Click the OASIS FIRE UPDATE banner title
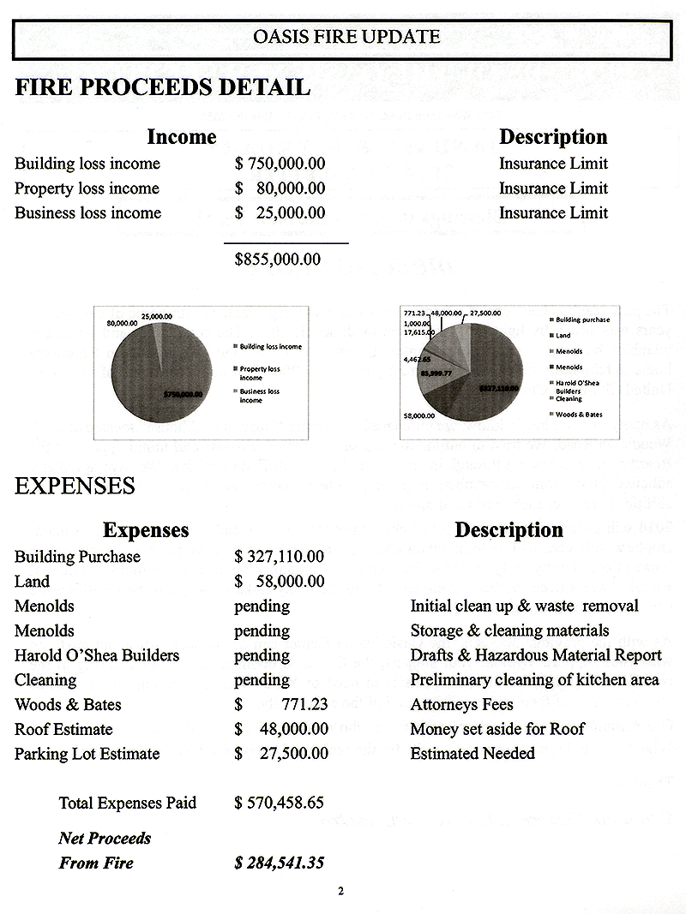(x=347, y=37)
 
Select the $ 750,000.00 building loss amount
(x=280, y=164)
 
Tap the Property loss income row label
(x=87, y=188)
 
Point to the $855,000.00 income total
(x=278, y=259)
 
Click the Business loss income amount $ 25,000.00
(x=280, y=213)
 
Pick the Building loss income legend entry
(x=270, y=347)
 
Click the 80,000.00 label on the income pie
(x=123, y=323)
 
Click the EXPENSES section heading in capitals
(x=75, y=487)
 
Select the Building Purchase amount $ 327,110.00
(x=280, y=557)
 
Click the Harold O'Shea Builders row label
(x=97, y=655)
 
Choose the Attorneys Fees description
(x=461, y=705)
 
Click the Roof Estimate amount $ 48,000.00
(x=281, y=730)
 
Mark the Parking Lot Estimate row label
(x=87, y=755)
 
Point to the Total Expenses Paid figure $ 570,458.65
(x=280, y=803)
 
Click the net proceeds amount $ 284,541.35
(x=280, y=863)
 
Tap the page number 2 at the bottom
(x=340, y=892)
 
